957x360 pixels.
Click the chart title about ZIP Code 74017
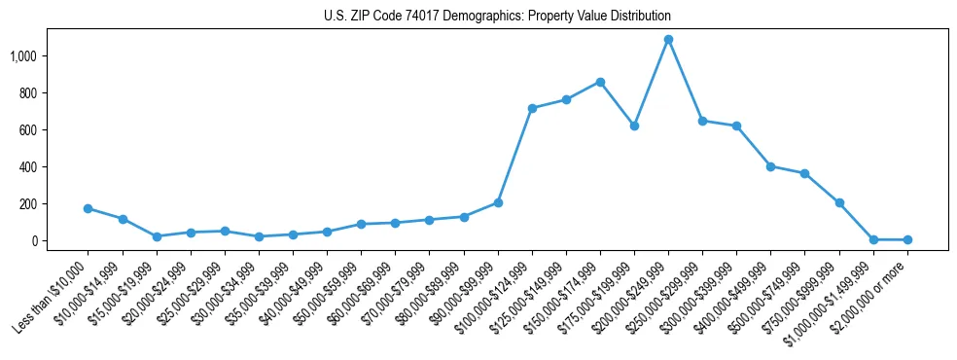click(x=497, y=17)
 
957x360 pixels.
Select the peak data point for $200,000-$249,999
click(x=668, y=40)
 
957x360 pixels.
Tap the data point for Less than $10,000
click(x=88, y=208)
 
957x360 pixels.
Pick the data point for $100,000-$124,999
click(x=532, y=108)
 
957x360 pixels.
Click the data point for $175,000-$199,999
click(x=634, y=126)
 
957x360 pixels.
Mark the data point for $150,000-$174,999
click(x=600, y=82)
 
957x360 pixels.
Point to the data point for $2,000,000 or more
click(x=907, y=239)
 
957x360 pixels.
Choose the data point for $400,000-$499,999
click(x=770, y=166)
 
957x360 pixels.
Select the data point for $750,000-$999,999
click(x=839, y=202)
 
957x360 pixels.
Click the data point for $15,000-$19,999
click(x=157, y=236)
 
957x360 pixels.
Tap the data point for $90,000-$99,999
click(x=498, y=202)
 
